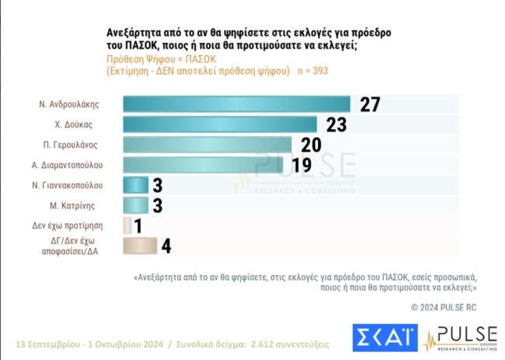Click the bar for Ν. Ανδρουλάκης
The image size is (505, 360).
tap(236, 104)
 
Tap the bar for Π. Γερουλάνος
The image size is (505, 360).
tap(207, 145)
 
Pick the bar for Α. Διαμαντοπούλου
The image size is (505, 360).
tap(204, 165)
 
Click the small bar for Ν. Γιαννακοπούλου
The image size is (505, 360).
tap(136, 185)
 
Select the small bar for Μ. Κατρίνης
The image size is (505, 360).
tap(136, 205)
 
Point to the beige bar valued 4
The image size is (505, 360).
tap(140, 246)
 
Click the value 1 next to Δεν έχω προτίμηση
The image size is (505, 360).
tap(138, 225)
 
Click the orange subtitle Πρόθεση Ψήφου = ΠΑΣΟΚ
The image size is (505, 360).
tap(154, 58)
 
